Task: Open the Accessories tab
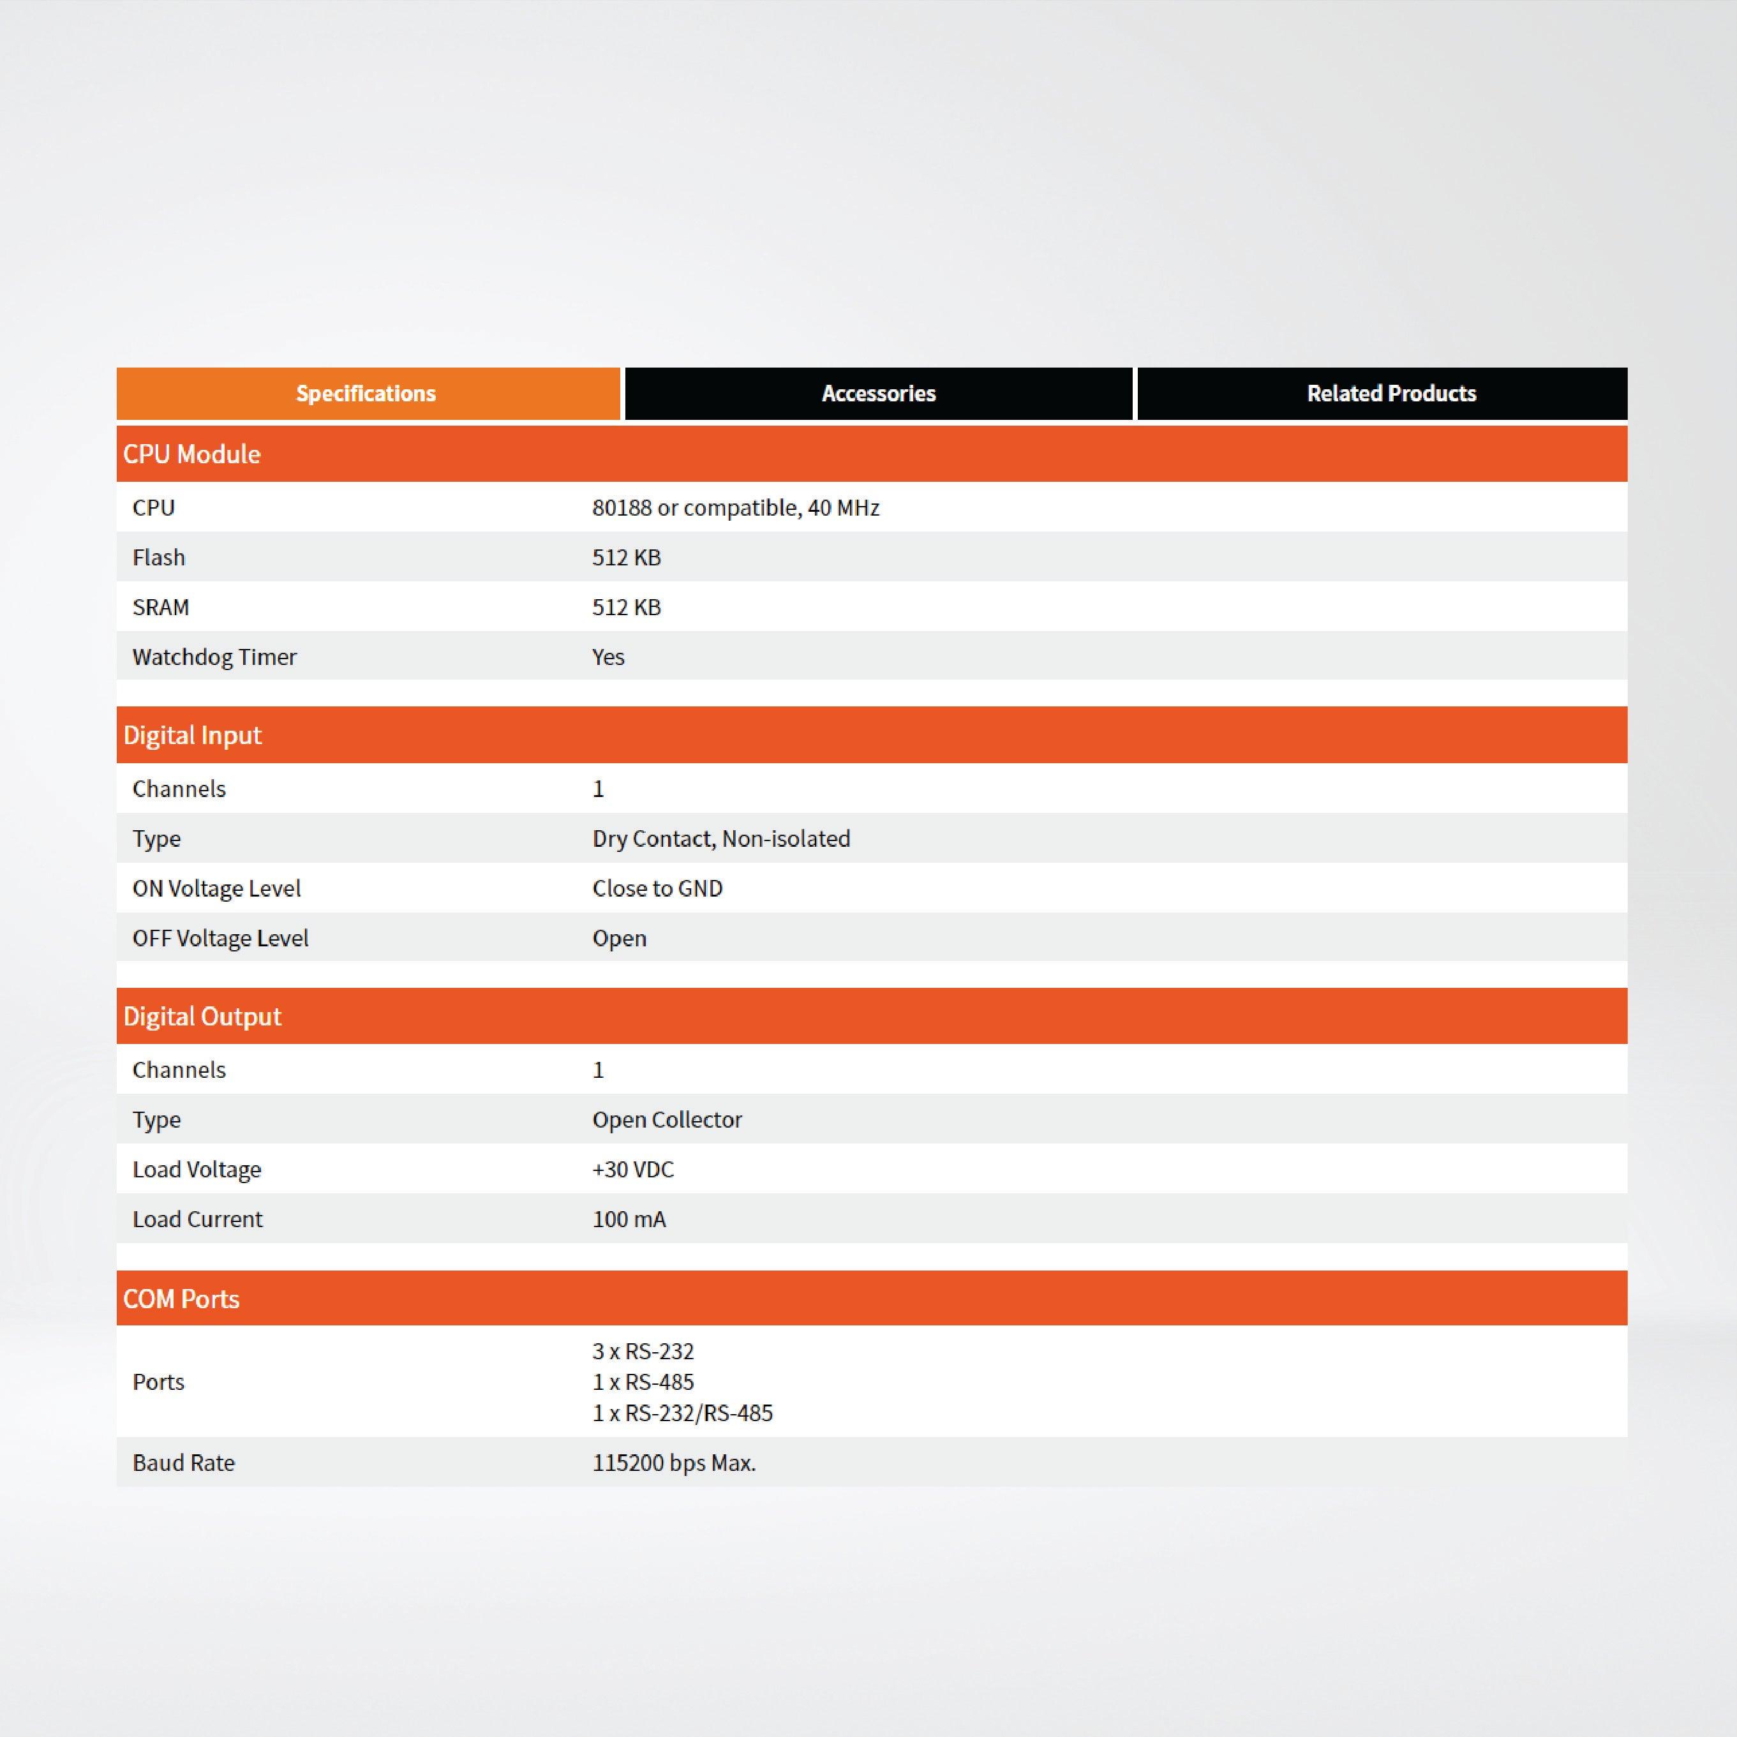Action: coord(878,394)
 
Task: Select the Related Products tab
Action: coord(1391,394)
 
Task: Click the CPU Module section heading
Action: coord(191,454)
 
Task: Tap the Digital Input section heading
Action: coord(193,735)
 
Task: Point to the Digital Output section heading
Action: coord(202,1017)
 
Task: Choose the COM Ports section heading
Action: coord(182,1299)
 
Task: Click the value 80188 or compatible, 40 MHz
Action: coord(735,508)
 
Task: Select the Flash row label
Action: coord(159,558)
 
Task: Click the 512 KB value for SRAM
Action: coord(627,608)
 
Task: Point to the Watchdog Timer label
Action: coord(214,657)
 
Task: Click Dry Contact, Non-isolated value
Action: coord(721,839)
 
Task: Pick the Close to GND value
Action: coord(657,888)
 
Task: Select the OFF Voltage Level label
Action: coord(220,939)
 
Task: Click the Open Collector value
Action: coord(667,1120)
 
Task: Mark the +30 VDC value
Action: coord(633,1170)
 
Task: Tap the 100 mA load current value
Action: coord(629,1220)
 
